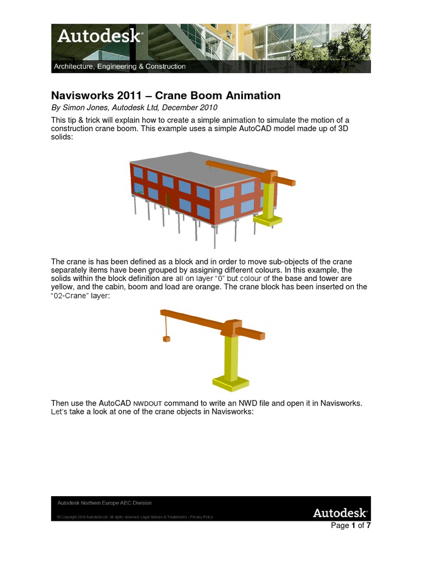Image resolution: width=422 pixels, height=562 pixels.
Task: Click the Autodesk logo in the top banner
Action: [x=99, y=37]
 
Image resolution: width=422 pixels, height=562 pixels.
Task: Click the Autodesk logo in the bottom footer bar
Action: [x=340, y=513]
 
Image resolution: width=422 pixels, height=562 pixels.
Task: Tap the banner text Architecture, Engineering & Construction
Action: [x=119, y=67]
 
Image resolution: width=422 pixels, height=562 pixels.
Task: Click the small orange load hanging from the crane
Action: [x=166, y=339]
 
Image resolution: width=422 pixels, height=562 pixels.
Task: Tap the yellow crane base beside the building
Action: [x=267, y=220]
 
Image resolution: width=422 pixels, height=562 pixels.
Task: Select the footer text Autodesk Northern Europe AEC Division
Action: [x=105, y=503]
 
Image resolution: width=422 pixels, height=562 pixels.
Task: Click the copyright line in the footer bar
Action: [x=135, y=517]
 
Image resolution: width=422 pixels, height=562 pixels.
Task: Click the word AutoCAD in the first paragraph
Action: [x=260, y=128]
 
